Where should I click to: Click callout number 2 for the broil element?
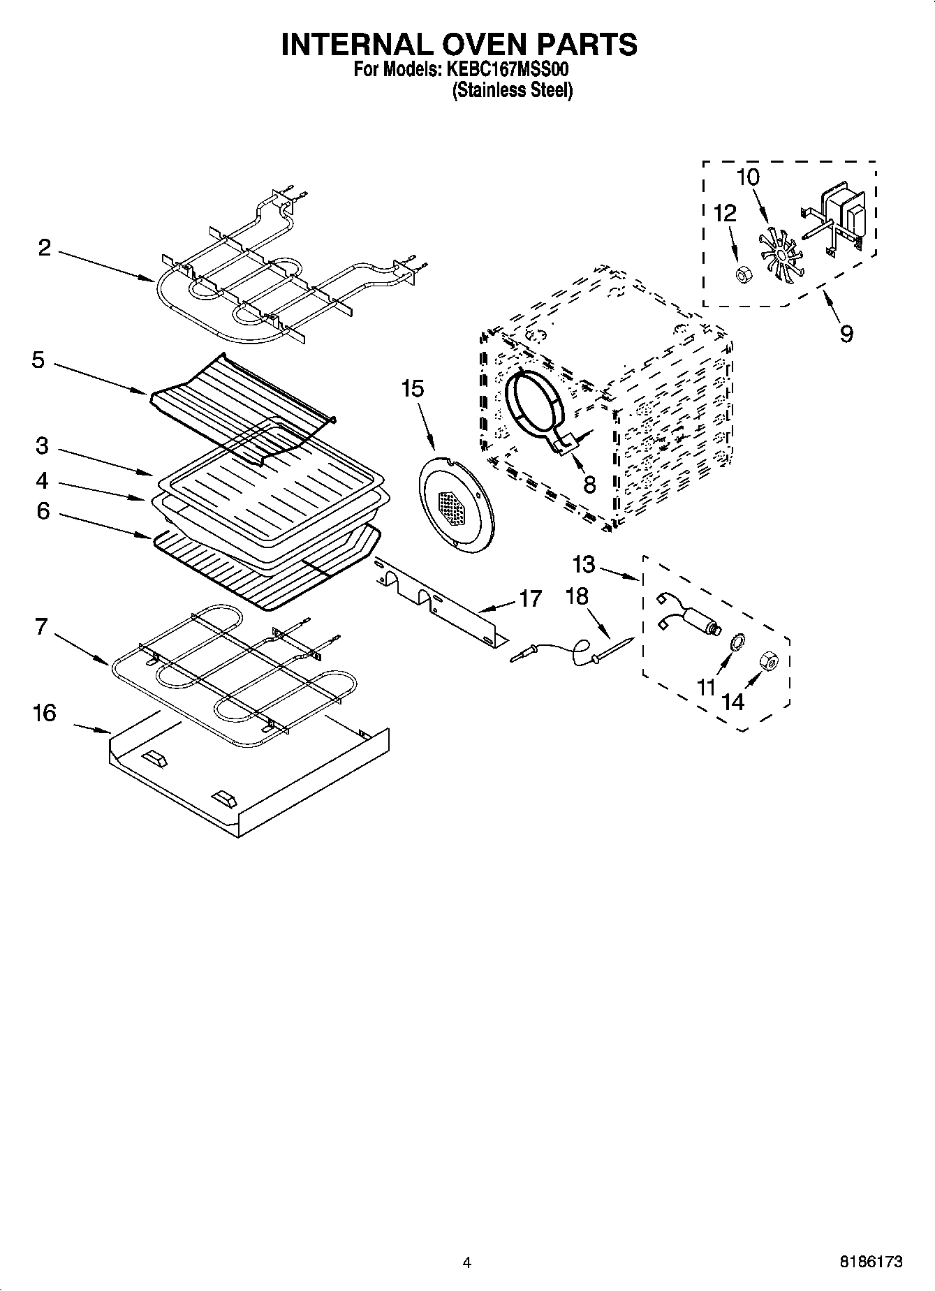pyautogui.click(x=45, y=248)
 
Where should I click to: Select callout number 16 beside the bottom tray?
pyautogui.click(x=44, y=714)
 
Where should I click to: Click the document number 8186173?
pyautogui.click(x=870, y=1262)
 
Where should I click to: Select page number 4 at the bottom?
pyautogui.click(x=466, y=1262)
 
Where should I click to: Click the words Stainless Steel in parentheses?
pyautogui.click(x=513, y=91)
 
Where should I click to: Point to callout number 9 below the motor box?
pyautogui.click(x=846, y=334)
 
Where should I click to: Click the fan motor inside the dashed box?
pyautogui.click(x=838, y=216)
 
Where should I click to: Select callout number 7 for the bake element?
pyautogui.click(x=42, y=627)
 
